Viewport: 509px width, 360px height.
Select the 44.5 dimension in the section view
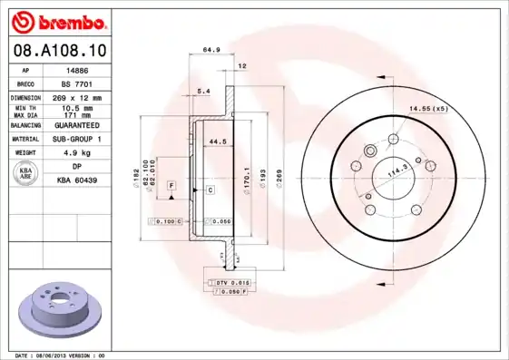pos(216,141)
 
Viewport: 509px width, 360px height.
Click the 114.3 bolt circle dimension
pos(396,169)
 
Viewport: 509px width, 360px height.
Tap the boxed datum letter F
pos(170,184)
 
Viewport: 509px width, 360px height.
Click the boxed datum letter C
pos(209,190)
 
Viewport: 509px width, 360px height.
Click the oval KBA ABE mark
pos(24,173)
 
